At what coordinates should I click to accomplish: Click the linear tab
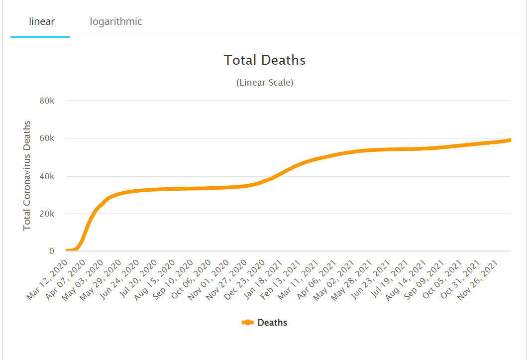pyautogui.click(x=41, y=21)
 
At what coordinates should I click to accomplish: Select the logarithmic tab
pyautogui.click(x=116, y=21)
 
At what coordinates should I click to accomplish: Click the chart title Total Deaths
pyautogui.click(x=264, y=60)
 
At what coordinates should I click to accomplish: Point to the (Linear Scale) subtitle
pyautogui.click(x=264, y=83)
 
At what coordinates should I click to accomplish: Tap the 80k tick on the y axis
pyautogui.click(x=46, y=101)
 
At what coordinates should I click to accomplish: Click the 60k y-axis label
pyautogui.click(x=46, y=138)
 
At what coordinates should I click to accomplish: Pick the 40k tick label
pyautogui.click(x=46, y=176)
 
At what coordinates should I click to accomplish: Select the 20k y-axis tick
pyautogui.click(x=46, y=214)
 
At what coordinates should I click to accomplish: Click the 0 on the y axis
pyautogui.click(x=51, y=251)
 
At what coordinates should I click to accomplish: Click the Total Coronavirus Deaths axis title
pyautogui.click(x=27, y=175)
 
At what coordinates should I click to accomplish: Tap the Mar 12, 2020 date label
pyautogui.click(x=47, y=279)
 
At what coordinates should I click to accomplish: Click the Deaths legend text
pyautogui.click(x=272, y=323)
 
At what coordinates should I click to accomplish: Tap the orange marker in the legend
pyautogui.click(x=248, y=323)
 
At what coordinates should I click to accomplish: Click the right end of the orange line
pyautogui.click(x=510, y=140)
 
